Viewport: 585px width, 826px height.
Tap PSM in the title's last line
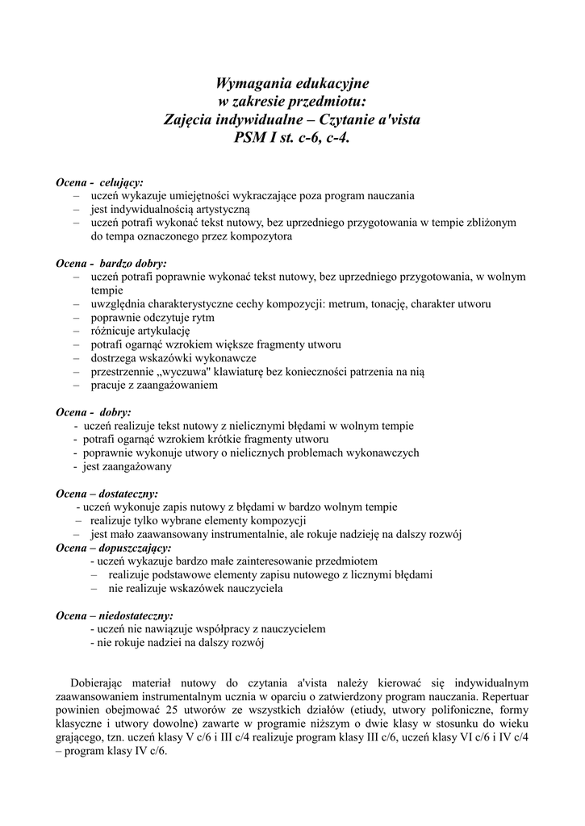[x=249, y=136]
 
